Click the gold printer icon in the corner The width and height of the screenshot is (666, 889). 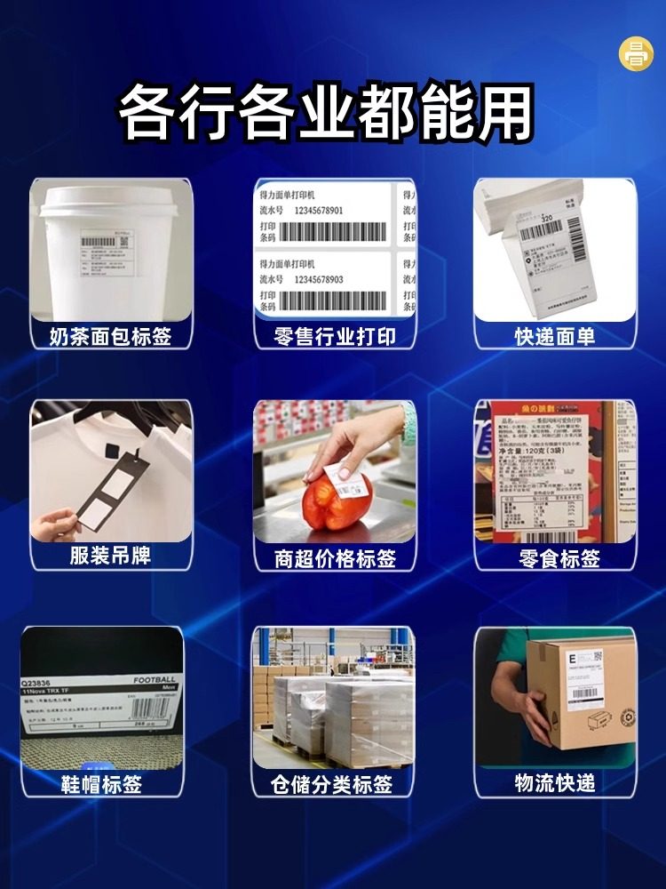(x=636, y=53)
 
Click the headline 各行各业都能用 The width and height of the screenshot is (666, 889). (x=327, y=113)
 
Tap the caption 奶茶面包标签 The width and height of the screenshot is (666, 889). (x=110, y=336)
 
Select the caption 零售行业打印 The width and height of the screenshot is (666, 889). (x=335, y=336)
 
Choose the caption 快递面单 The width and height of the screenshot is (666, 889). (x=554, y=336)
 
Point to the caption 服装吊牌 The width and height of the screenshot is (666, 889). (x=110, y=556)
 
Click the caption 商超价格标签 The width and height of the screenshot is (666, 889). (x=335, y=558)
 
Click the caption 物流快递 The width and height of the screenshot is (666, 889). (x=554, y=783)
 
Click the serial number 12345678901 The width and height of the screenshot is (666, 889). (x=330, y=211)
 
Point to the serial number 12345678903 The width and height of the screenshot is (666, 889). (x=330, y=279)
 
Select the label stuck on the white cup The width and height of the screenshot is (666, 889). (x=104, y=252)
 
